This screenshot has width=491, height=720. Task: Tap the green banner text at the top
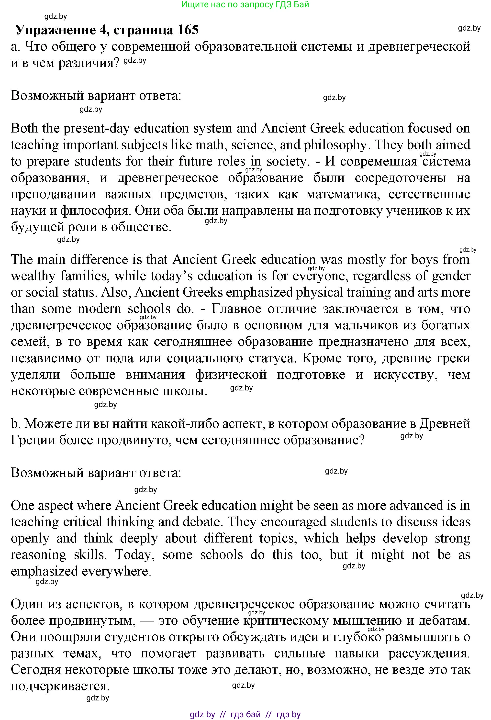tap(245, 5)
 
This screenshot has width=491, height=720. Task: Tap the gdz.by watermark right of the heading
tap(469, 28)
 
